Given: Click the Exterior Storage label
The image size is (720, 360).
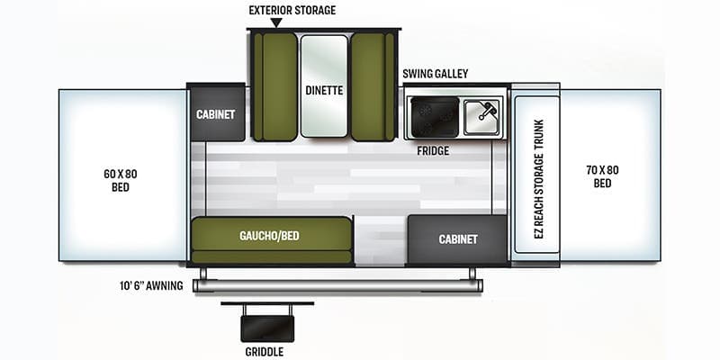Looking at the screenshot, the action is pyautogui.click(x=292, y=10).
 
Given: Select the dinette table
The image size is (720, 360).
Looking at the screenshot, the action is pyautogui.click(x=324, y=85).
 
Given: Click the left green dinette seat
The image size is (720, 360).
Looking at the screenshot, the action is pyautogui.click(x=275, y=86).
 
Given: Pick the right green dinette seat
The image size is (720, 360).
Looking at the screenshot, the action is pyautogui.click(x=373, y=86).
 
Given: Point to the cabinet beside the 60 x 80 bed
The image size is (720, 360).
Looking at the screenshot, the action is pyautogui.click(x=216, y=113).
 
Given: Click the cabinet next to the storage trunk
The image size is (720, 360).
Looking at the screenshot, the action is pyautogui.click(x=457, y=239).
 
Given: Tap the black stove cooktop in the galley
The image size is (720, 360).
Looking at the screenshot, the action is pyautogui.click(x=435, y=117).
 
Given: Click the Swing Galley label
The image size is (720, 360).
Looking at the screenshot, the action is pyautogui.click(x=436, y=74).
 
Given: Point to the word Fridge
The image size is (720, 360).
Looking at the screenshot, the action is pyautogui.click(x=433, y=150).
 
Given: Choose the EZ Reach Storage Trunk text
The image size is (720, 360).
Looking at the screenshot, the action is pyautogui.click(x=538, y=178).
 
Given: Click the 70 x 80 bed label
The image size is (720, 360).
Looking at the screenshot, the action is pyautogui.click(x=602, y=176).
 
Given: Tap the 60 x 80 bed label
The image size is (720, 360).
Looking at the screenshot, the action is pyautogui.click(x=121, y=181).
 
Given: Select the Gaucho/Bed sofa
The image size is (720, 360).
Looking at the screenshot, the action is pyautogui.click(x=272, y=240).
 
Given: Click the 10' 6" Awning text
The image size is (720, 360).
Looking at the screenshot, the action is pyautogui.click(x=151, y=285).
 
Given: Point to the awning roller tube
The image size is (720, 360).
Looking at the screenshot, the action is pyautogui.click(x=337, y=285).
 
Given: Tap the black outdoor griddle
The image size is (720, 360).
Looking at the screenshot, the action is pyautogui.click(x=267, y=328).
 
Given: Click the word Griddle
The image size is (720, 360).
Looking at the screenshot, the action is pyautogui.click(x=264, y=352).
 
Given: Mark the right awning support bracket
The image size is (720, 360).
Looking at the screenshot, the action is pyautogui.click(x=472, y=274).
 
